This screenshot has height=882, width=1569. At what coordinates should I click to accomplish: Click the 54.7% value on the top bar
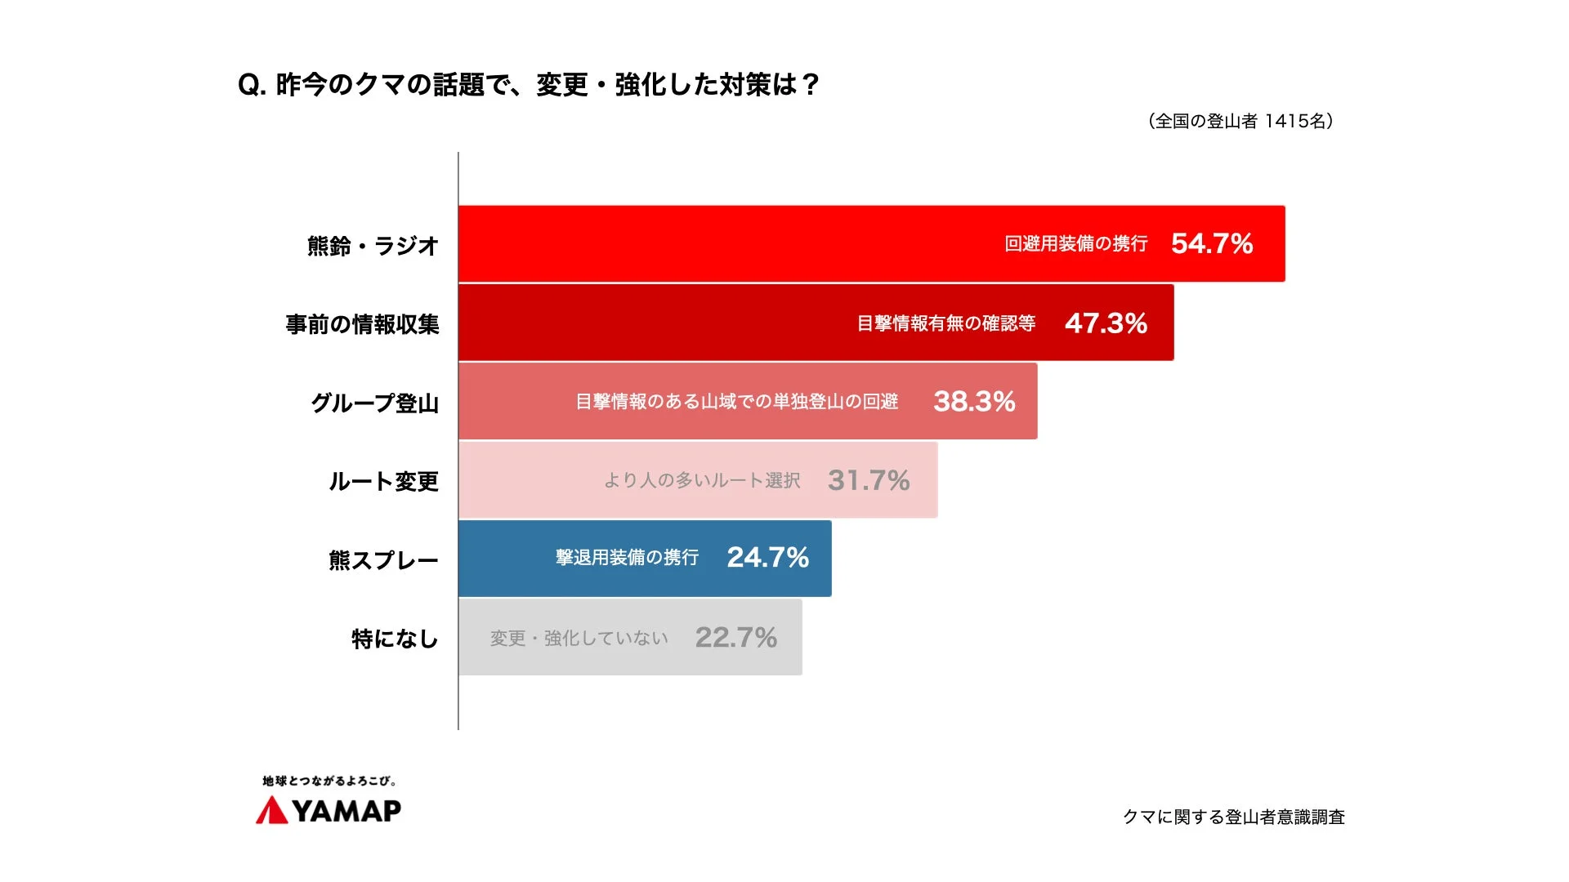1211,243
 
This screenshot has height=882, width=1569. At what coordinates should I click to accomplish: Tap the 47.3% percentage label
1106,323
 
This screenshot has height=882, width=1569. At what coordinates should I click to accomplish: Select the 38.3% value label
974,401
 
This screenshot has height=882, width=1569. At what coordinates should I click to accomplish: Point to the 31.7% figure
869,480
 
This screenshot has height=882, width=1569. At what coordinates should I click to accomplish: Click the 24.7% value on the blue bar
767,558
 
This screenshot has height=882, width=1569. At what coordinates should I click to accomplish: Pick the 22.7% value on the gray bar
735,637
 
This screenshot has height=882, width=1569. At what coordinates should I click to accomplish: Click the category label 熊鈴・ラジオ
373,245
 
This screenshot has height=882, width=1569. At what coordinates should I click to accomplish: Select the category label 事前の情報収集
362,324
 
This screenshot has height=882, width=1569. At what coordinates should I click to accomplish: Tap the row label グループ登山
374,403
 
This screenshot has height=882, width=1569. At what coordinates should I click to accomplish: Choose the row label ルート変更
383,481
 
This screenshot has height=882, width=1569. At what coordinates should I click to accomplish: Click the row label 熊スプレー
383,560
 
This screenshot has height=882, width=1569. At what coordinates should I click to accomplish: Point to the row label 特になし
395,639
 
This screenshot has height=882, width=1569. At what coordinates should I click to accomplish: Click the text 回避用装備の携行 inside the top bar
1075,243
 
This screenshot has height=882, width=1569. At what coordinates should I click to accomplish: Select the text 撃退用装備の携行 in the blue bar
627,558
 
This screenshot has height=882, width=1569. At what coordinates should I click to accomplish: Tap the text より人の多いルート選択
702,480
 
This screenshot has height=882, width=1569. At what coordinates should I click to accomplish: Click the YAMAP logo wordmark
346,810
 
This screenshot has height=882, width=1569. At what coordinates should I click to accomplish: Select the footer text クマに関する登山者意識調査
1233,817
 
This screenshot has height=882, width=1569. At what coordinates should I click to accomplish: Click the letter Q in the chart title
248,85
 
